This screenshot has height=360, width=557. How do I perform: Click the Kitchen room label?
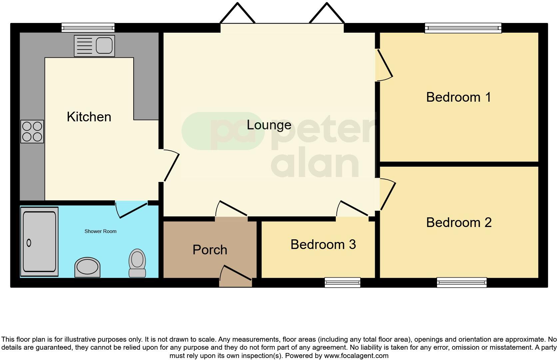pyautogui.click(x=89, y=117)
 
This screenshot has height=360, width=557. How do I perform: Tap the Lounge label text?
pyautogui.click(x=269, y=125)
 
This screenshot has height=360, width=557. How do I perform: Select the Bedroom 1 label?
pyautogui.click(x=458, y=97)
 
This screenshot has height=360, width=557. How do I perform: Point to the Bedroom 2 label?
pyautogui.click(x=459, y=223)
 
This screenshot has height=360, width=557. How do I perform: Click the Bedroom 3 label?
pyautogui.click(x=323, y=245)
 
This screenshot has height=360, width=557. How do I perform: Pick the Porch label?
pyautogui.click(x=210, y=250)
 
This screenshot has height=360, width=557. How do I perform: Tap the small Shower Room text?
pyautogui.click(x=100, y=231)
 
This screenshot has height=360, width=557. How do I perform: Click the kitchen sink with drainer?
pyautogui.click(x=94, y=46)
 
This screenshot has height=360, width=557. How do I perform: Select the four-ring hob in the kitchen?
pyautogui.click(x=32, y=131)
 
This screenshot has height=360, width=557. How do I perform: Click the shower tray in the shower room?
pyautogui.click(x=39, y=242)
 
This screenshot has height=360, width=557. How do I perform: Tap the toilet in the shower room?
pyautogui.click(x=137, y=263)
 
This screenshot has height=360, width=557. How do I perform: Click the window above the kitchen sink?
pyautogui.click(x=88, y=28)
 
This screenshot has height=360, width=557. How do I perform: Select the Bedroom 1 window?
pyautogui.click(x=463, y=28)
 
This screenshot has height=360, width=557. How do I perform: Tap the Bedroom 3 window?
pyautogui.click(x=342, y=283)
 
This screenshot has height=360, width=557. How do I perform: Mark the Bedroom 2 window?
pyautogui.click(x=462, y=283)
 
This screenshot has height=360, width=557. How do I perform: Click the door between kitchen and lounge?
pyautogui.click(x=171, y=166)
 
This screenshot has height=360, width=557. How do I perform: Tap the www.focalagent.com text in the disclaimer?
pyautogui.click(x=356, y=356)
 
